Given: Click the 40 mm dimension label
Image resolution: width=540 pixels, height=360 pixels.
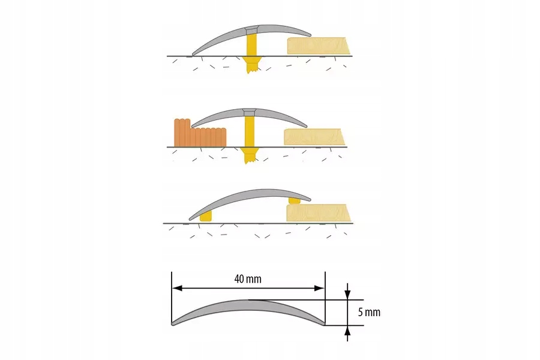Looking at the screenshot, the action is tap(248, 279).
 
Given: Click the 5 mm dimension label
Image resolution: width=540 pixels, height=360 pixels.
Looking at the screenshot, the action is tap(368, 312).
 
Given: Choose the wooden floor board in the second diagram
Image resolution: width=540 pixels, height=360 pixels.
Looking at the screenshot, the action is tap(314, 137).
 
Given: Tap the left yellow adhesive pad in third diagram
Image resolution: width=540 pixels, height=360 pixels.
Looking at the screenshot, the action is tap(206, 215).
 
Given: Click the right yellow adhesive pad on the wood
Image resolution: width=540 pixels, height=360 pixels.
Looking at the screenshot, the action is tap(294, 199).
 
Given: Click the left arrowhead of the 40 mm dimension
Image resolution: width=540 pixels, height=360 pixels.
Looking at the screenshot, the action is tap(176, 289).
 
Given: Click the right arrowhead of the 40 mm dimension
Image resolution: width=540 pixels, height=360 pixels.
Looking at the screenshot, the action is tap(320, 289).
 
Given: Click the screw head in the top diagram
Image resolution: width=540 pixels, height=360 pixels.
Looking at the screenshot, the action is tap(251, 30).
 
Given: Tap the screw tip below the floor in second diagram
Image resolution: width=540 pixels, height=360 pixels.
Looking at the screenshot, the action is tap(248, 158).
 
